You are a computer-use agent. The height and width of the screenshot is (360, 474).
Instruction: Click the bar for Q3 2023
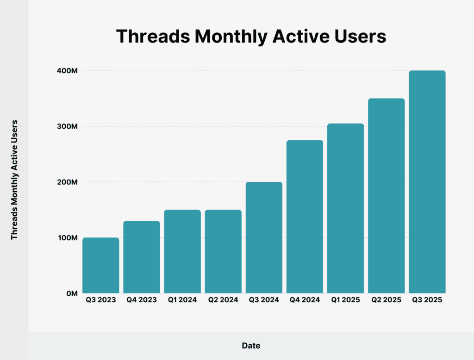[101, 265]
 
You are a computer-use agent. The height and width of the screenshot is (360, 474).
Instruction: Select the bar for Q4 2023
[142, 257]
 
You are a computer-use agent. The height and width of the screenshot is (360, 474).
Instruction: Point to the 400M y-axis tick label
[67, 71]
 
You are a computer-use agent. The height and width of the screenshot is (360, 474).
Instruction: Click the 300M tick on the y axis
[67, 126]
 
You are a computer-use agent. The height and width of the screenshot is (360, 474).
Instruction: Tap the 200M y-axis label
[67, 182]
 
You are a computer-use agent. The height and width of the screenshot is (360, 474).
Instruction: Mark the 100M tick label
[67, 238]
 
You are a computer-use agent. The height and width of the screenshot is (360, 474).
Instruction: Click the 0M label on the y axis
[71, 293]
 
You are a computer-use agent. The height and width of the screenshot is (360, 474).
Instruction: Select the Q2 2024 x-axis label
[223, 300]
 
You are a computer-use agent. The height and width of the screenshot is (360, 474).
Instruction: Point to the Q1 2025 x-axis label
[345, 300]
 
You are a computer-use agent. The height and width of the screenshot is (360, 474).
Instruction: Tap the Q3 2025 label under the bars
[427, 300]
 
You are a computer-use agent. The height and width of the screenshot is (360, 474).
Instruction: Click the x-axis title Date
[251, 346]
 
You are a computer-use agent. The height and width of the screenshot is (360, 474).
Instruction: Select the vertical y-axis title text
[14, 180]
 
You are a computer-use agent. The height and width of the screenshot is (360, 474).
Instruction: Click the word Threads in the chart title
[151, 37]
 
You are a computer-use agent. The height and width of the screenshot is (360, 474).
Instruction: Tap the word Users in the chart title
[361, 37]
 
